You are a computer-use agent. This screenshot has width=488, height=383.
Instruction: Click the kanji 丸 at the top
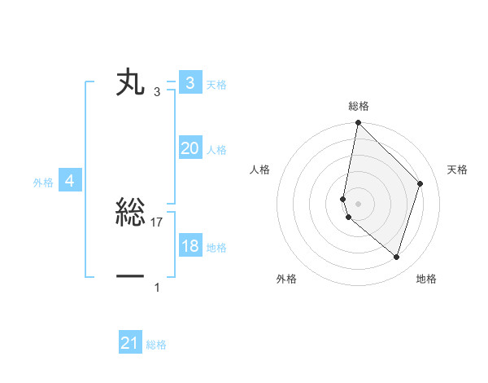tap(130, 83)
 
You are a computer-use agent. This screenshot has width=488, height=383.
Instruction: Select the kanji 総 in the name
tap(130, 214)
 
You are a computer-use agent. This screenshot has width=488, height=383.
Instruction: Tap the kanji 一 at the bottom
tap(130, 277)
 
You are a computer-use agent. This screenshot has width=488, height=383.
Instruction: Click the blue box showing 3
tap(190, 82)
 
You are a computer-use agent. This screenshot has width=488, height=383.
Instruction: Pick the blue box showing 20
tap(190, 148)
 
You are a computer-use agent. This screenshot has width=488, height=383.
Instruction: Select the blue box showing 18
tap(190, 246)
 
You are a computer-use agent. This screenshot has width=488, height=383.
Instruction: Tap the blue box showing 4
tap(70, 181)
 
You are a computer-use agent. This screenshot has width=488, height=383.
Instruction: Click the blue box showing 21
tap(129, 343)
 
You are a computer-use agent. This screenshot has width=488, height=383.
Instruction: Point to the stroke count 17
tap(157, 222)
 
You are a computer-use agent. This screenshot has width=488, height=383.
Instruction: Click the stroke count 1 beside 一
tap(157, 287)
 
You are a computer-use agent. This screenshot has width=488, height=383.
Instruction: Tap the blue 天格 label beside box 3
tap(216, 85)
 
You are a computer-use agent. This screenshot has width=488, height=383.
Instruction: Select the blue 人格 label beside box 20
tap(216, 150)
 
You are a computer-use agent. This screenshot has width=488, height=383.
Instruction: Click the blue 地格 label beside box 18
tap(216, 248)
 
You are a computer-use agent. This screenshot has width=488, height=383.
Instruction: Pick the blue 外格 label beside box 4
tap(43, 183)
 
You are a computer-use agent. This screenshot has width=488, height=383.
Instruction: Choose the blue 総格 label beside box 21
tap(156, 345)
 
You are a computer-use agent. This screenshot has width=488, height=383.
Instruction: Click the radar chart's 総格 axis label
tap(358, 106)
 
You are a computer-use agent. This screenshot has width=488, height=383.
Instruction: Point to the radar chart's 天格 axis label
tap(457, 169)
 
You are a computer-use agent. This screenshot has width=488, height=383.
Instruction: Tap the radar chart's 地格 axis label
tap(426, 280)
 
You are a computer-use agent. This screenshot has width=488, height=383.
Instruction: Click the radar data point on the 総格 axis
tap(358, 123)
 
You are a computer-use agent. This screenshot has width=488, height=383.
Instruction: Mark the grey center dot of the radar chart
tap(358, 203)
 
